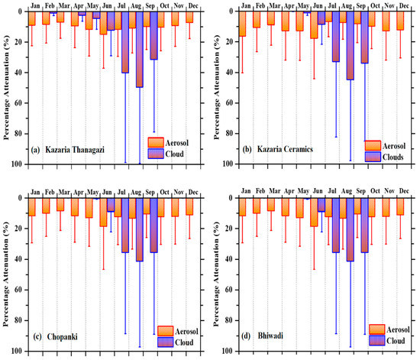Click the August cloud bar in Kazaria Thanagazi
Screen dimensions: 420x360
coord(140,50)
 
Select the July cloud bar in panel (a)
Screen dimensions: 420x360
coord(125,42)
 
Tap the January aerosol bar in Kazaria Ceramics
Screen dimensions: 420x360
coord(242,24)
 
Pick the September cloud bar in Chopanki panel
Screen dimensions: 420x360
coord(153,225)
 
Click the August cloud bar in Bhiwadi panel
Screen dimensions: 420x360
coord(351,229)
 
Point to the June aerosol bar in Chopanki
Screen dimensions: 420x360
coord(103,212)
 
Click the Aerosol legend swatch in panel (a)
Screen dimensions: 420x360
coord(156,142)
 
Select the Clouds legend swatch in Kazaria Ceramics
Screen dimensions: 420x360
coord(373,157)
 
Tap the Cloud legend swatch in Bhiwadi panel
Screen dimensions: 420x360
coord(377,340)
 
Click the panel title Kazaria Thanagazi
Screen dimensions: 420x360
coord(75,150)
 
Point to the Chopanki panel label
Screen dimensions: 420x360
coord(62,336)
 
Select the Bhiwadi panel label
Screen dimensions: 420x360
coord(270,336)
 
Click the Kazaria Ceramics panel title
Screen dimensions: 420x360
coord(285,149)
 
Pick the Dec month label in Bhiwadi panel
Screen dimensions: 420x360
coord(404,191)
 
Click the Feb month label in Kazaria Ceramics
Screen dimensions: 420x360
coord(260,5)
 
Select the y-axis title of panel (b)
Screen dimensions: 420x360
coord(216,87)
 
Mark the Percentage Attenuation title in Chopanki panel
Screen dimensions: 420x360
coord(5,274)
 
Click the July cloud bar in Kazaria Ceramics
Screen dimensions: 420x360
coord(336,37)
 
